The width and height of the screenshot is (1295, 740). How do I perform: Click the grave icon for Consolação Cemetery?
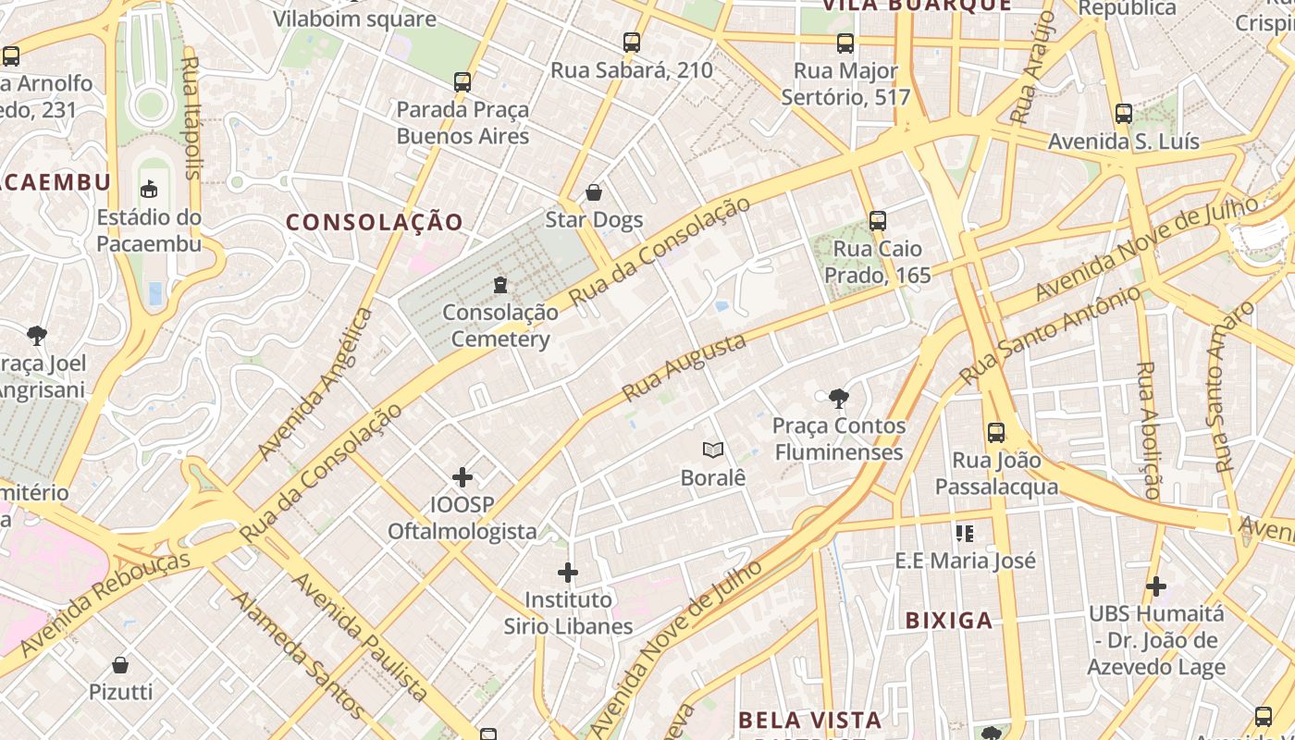pyautogui.click(x=500, y=284)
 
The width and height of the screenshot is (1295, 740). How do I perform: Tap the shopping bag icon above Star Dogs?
pyautogui.click(x=594, y=192)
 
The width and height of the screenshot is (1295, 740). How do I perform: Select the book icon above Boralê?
pyautogui.click(x=712, y=450)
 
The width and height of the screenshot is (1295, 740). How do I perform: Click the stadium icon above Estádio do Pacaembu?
pyautogui.click(x=148, y=190)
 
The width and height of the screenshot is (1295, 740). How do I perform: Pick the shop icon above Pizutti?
pyautogui.click(x=120, y=664)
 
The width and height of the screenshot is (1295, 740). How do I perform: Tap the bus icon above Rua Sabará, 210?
pyautogui.click(x=632, y=43)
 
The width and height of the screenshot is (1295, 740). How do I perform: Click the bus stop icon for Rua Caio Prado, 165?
pyautogui.click(x=878, y=221)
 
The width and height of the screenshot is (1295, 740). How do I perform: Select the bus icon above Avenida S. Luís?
pyautogui.click(x=1124, y=114)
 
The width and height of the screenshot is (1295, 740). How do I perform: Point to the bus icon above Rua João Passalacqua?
pyautogui.click(x=996, y=432)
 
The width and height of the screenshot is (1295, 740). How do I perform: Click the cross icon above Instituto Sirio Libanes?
pyautogui.click(x=568, y=573)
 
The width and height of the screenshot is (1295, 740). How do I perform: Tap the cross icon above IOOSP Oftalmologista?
pyautogui.click(x=462, y=477)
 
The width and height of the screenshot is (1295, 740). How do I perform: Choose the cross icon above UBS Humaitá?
pyautogui.click(x=1155, y=586)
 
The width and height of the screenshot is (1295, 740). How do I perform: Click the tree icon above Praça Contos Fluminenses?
pyautogui.click(x=839, y=399)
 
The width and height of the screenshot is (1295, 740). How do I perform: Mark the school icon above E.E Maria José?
pyautogui.click(x=965, y=534)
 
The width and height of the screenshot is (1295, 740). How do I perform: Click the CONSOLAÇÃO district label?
pyautogui.click(x=374, y=222)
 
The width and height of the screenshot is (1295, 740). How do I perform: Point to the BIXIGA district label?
pyautogui.click(x=949, y=621)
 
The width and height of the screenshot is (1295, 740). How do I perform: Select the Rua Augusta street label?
pyautogui.click(x=684, y=367)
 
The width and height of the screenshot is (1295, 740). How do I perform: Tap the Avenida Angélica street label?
pyautogui.click(x=315, y=384)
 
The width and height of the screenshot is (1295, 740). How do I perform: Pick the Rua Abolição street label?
pyautogui.click(x=1147, y=430)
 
